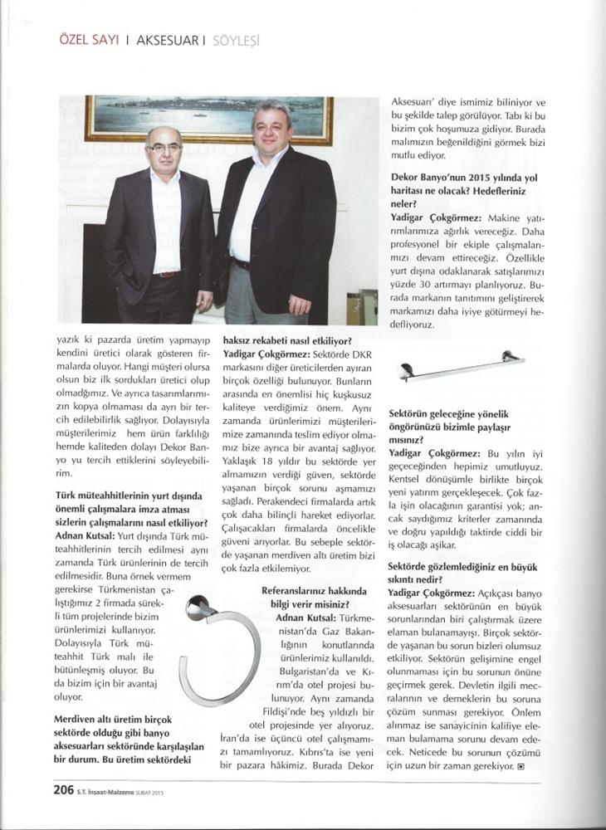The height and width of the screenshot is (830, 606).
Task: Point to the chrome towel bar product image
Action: point(461,366)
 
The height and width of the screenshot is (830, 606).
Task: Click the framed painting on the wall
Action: point(208,120)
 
